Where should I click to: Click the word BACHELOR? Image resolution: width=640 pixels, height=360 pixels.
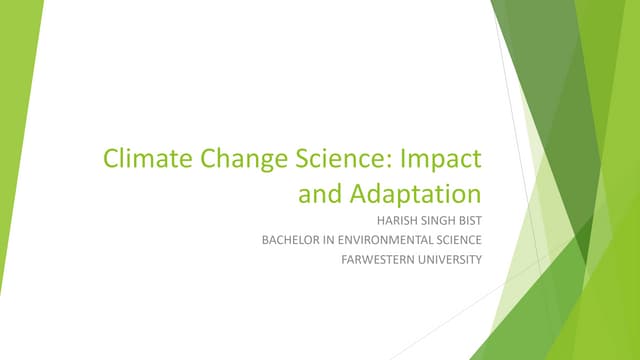coord(295,240)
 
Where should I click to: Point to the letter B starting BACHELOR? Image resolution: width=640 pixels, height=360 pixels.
coord(265,240)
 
